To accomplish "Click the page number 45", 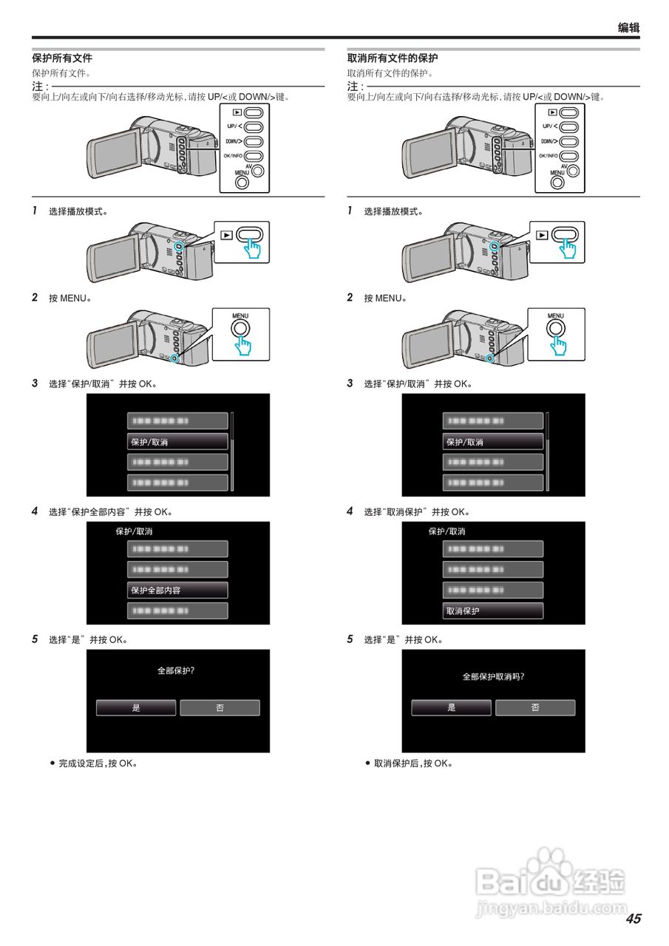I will pos(633,919).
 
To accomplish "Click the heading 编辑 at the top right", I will pos(628,28).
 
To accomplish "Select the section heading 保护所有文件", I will pos(62,58).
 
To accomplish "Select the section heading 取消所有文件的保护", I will pos(393,58).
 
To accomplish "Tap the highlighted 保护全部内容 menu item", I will pos(177,591).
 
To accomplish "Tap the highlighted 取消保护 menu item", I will pos(492,611).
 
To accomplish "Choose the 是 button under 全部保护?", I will pos(136,708).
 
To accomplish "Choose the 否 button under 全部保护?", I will pos(220,708).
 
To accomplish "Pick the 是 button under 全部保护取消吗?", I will pos(451,708).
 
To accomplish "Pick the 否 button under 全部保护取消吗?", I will pos(535,708).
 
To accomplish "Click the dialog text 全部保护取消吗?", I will pos(493,676).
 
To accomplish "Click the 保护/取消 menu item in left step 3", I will pos(177,442).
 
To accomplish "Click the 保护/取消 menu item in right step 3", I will pos(492,442).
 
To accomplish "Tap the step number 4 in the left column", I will pos(34,511).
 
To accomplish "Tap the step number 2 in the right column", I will pos(350,297).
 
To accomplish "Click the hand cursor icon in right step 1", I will pos(568,248).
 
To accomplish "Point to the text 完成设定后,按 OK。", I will pos(98,763).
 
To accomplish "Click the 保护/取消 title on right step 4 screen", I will pos(447,531).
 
